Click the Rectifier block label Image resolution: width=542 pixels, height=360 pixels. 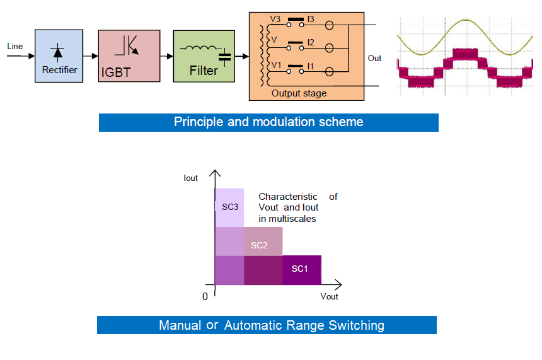coord(59,70)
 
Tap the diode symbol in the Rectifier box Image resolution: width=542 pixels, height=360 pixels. coord(58,52)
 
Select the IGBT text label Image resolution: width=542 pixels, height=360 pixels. coord(116,73)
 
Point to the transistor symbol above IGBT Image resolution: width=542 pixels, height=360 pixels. coord(127,45)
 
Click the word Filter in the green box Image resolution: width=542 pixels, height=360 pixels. coord(204,71)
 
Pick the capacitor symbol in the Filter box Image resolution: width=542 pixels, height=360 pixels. coord(225,57)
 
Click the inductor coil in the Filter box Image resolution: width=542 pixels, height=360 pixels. coord(201,49)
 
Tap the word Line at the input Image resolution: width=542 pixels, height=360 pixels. coord(15,47)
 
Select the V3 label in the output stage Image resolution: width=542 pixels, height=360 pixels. coord(275,19)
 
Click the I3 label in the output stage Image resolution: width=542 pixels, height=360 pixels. coord(311,19)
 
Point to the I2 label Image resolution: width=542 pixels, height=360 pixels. coord(311,42)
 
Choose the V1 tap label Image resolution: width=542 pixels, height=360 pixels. coord(276,65)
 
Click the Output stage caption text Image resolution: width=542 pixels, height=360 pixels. coord(299,93)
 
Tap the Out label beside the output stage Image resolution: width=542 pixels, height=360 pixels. coord(374,58)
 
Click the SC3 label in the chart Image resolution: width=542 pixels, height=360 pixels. coord(230,207)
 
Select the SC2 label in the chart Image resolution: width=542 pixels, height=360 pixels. coord(259,245)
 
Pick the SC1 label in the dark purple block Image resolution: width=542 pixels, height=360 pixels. coord(300,269)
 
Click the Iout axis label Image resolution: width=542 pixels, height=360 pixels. coord(190,178)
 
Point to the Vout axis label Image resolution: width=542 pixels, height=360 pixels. coord(329,296)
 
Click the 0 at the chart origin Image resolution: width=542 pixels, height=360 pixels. coord(205,297)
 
